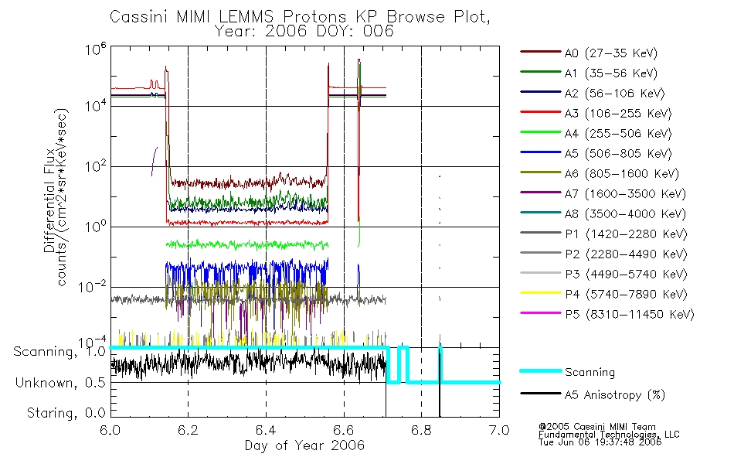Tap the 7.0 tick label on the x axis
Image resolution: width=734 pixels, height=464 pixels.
[x=499, y=430]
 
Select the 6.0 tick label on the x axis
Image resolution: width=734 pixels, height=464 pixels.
[x=110, y=430]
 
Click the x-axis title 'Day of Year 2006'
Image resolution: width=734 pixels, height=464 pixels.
[x=304, y=445]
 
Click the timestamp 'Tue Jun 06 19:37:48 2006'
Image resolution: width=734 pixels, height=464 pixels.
[x=599, y=443]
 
